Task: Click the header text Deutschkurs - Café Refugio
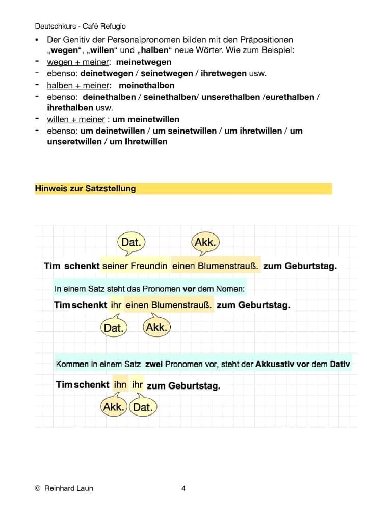[x=81, y=26]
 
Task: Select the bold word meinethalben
[x=146, y=85]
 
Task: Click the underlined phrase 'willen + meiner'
[x=76, y=119]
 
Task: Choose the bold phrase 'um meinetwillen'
[x=146, y=119]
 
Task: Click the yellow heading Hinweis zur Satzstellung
[x=86, y=188]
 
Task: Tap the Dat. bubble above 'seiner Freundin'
[x=131, y=242]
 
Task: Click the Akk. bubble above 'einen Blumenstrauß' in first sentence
[x=205, y=242]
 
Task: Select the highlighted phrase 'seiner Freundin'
[x=135, y=266]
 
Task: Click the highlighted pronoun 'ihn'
[x=120, y=385]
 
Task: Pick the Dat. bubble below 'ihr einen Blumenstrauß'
[x=114, y=328]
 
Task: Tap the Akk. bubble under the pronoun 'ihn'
[x=114, y=407]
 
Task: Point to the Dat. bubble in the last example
[x=143, y=407]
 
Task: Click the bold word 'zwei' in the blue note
[x=153, y=365]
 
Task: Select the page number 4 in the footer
[x=183, y=488]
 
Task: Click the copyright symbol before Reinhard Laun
[x=37, y=488]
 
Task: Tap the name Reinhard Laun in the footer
[x=69, y=488]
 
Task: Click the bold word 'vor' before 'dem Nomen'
[x=189, y=289]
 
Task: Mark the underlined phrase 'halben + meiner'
[x=78, y=85]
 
